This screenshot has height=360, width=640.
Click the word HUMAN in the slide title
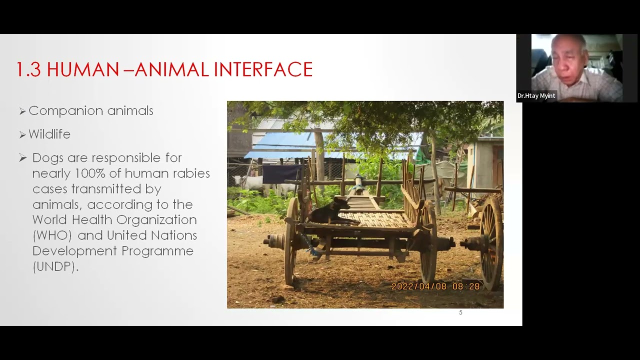[83, 69]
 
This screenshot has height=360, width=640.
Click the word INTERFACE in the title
[263, 69]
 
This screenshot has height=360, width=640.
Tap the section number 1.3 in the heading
[28, 69]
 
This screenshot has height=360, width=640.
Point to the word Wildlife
[49, 134]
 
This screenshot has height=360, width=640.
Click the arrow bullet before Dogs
[22, 158]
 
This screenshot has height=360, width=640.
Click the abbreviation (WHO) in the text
[52, 235]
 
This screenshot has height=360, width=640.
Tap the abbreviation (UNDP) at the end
[54, 266]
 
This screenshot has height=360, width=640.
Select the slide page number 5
[460, 312]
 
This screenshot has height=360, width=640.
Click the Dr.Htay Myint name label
[536, 96]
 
